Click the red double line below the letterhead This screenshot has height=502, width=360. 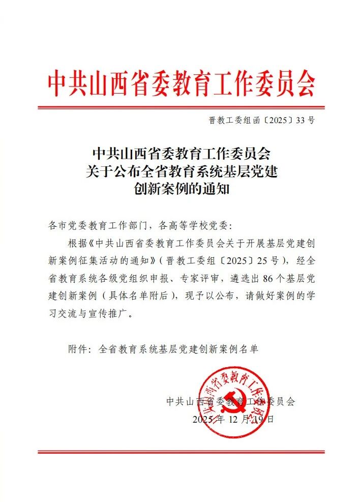click(x=181, y=107)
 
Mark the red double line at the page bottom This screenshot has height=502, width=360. click(x=181, y=452)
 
